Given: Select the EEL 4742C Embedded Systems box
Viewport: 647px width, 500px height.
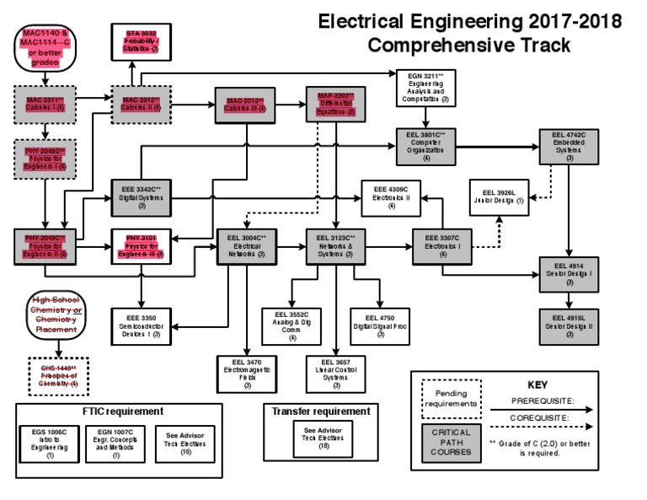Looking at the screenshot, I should point(569,145).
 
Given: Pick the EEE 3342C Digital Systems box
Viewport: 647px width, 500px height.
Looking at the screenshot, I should point(142,196).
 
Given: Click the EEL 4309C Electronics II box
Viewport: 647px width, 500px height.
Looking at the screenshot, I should point(392,197).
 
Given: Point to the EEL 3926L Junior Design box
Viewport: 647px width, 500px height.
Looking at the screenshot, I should point(497,196).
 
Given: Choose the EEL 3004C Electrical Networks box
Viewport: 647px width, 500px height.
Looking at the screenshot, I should point(246,245).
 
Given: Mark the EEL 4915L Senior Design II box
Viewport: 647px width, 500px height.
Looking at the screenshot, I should point(569,325).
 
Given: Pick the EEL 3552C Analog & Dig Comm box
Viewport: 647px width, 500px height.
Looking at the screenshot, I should point(292,325).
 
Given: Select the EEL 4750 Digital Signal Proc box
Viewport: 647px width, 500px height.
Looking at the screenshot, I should point(380,325).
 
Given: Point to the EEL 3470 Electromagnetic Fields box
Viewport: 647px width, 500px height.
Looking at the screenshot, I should point(247,374).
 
